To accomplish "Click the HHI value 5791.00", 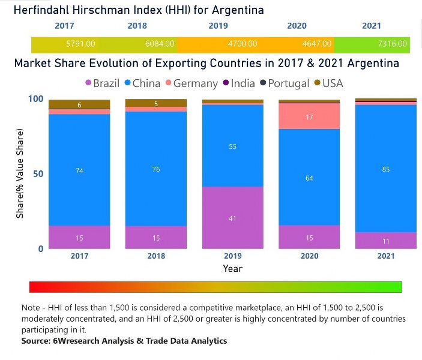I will [x=81, y=44].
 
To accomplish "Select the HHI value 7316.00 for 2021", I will [x=394, y=44].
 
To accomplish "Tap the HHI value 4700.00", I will [x=243, y=44].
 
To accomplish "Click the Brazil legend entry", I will [x=102, y=83].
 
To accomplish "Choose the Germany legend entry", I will [x=191, y=83].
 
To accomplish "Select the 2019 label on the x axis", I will [x=232, y=256].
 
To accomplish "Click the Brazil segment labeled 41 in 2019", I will [x=232, y=218].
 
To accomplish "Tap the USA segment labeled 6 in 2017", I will [x=79, y=104].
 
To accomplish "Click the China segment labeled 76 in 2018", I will [x=156, y=169].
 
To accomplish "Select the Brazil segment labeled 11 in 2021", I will [x=385, y=240].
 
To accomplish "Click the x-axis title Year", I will [x=232, y=268].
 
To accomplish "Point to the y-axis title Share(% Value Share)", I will [x=19, y=174].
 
